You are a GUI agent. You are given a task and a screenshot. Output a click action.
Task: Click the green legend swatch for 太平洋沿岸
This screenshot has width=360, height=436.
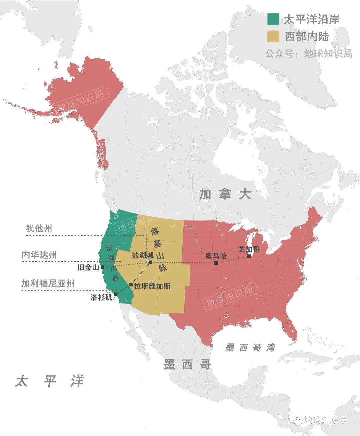(x=273, y=19)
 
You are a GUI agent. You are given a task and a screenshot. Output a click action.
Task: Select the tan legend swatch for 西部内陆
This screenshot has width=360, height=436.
(x=273, y=36)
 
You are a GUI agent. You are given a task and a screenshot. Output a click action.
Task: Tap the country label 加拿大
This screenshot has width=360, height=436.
(x=225, y=194)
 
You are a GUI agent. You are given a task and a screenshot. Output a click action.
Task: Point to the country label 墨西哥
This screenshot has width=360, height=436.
(x=187, y=364)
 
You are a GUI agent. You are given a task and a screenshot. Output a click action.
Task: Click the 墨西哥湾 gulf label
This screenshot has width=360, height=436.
(x=250, y=348)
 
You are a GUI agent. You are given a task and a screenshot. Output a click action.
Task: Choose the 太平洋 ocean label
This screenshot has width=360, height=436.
(x=49, y=381)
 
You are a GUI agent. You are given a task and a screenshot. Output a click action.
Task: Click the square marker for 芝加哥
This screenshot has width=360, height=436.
(x=249, y=256)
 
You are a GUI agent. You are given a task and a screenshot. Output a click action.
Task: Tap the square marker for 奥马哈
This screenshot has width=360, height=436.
(x=216, y=263)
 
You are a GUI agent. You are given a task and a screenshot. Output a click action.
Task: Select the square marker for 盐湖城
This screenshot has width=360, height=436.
(x=150, y=262)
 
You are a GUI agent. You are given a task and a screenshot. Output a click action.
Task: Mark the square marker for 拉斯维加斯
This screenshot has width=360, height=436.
(x=131, y=285)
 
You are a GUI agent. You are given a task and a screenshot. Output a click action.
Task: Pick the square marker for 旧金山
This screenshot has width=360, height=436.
(x=102, y=267)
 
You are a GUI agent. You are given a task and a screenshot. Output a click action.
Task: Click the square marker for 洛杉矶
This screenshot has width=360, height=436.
(x=115, y=294)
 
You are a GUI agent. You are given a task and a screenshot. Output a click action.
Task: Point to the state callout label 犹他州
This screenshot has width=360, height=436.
(x=39, y=228)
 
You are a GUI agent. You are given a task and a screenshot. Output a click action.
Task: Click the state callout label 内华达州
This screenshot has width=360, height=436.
(x=39, y=255)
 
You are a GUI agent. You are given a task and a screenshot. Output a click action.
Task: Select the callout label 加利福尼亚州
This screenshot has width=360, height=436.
(x=48, y=283)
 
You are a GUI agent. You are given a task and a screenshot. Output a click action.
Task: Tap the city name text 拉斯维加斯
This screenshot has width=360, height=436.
(x=152, y=286)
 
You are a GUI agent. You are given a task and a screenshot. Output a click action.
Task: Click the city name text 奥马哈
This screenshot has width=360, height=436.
(x=216, y=256)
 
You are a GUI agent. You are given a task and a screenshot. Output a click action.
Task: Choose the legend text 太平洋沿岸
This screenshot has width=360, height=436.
(x=311, y=19)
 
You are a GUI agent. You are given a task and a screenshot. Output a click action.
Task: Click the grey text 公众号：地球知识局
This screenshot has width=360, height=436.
(x=309, y=53)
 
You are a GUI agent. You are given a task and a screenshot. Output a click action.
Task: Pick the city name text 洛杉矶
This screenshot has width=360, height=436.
(x=101, y=297)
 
